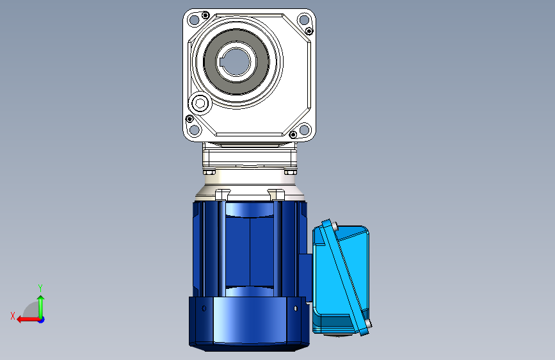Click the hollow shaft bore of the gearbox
pos(236,62)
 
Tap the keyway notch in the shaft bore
pos(222,62)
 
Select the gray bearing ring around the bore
pos(236,62)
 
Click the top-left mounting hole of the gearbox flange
pos(194,20)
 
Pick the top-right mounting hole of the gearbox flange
pos(304,19)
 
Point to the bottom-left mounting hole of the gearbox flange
pos(194,129)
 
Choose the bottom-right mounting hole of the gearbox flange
pos(304,129)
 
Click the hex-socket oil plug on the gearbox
pos(200,104)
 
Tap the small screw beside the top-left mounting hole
pos(205,15)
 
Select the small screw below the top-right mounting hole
pos(309,31)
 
